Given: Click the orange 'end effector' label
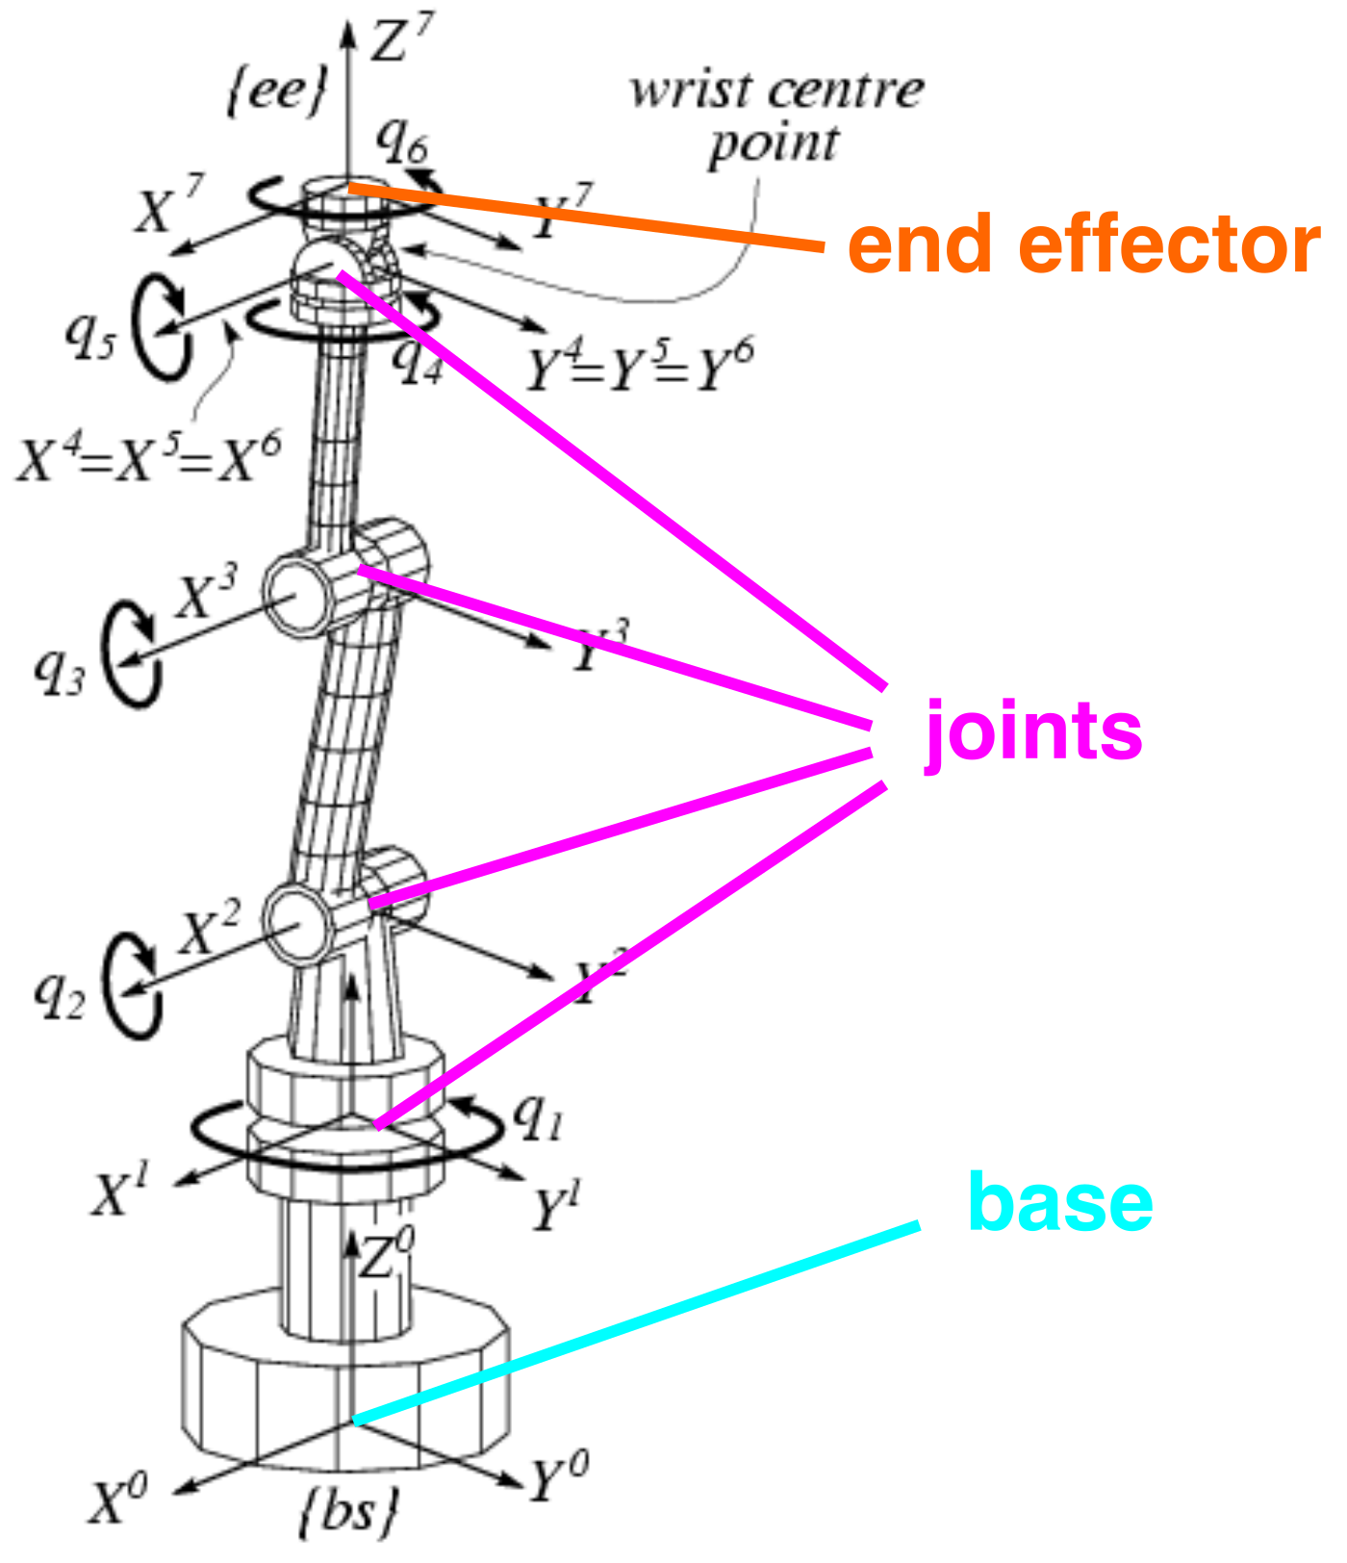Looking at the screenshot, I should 1083,246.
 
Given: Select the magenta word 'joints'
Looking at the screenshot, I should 1033,731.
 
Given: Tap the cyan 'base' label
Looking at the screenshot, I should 1059,1202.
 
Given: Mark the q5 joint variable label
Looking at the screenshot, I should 89,337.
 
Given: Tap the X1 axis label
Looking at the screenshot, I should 121,1193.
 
